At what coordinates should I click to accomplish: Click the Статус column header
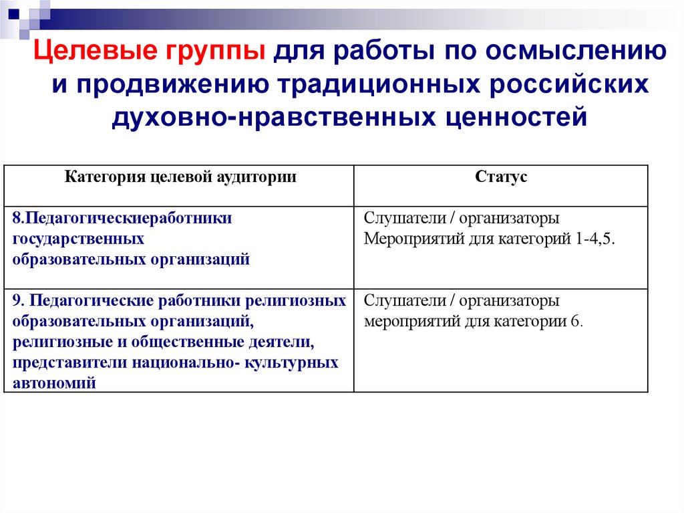(501, 177)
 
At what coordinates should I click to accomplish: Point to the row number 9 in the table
(16, 301)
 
